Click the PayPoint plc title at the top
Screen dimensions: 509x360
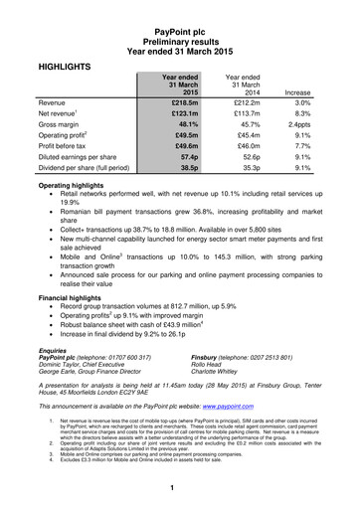(x=179, y=8)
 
